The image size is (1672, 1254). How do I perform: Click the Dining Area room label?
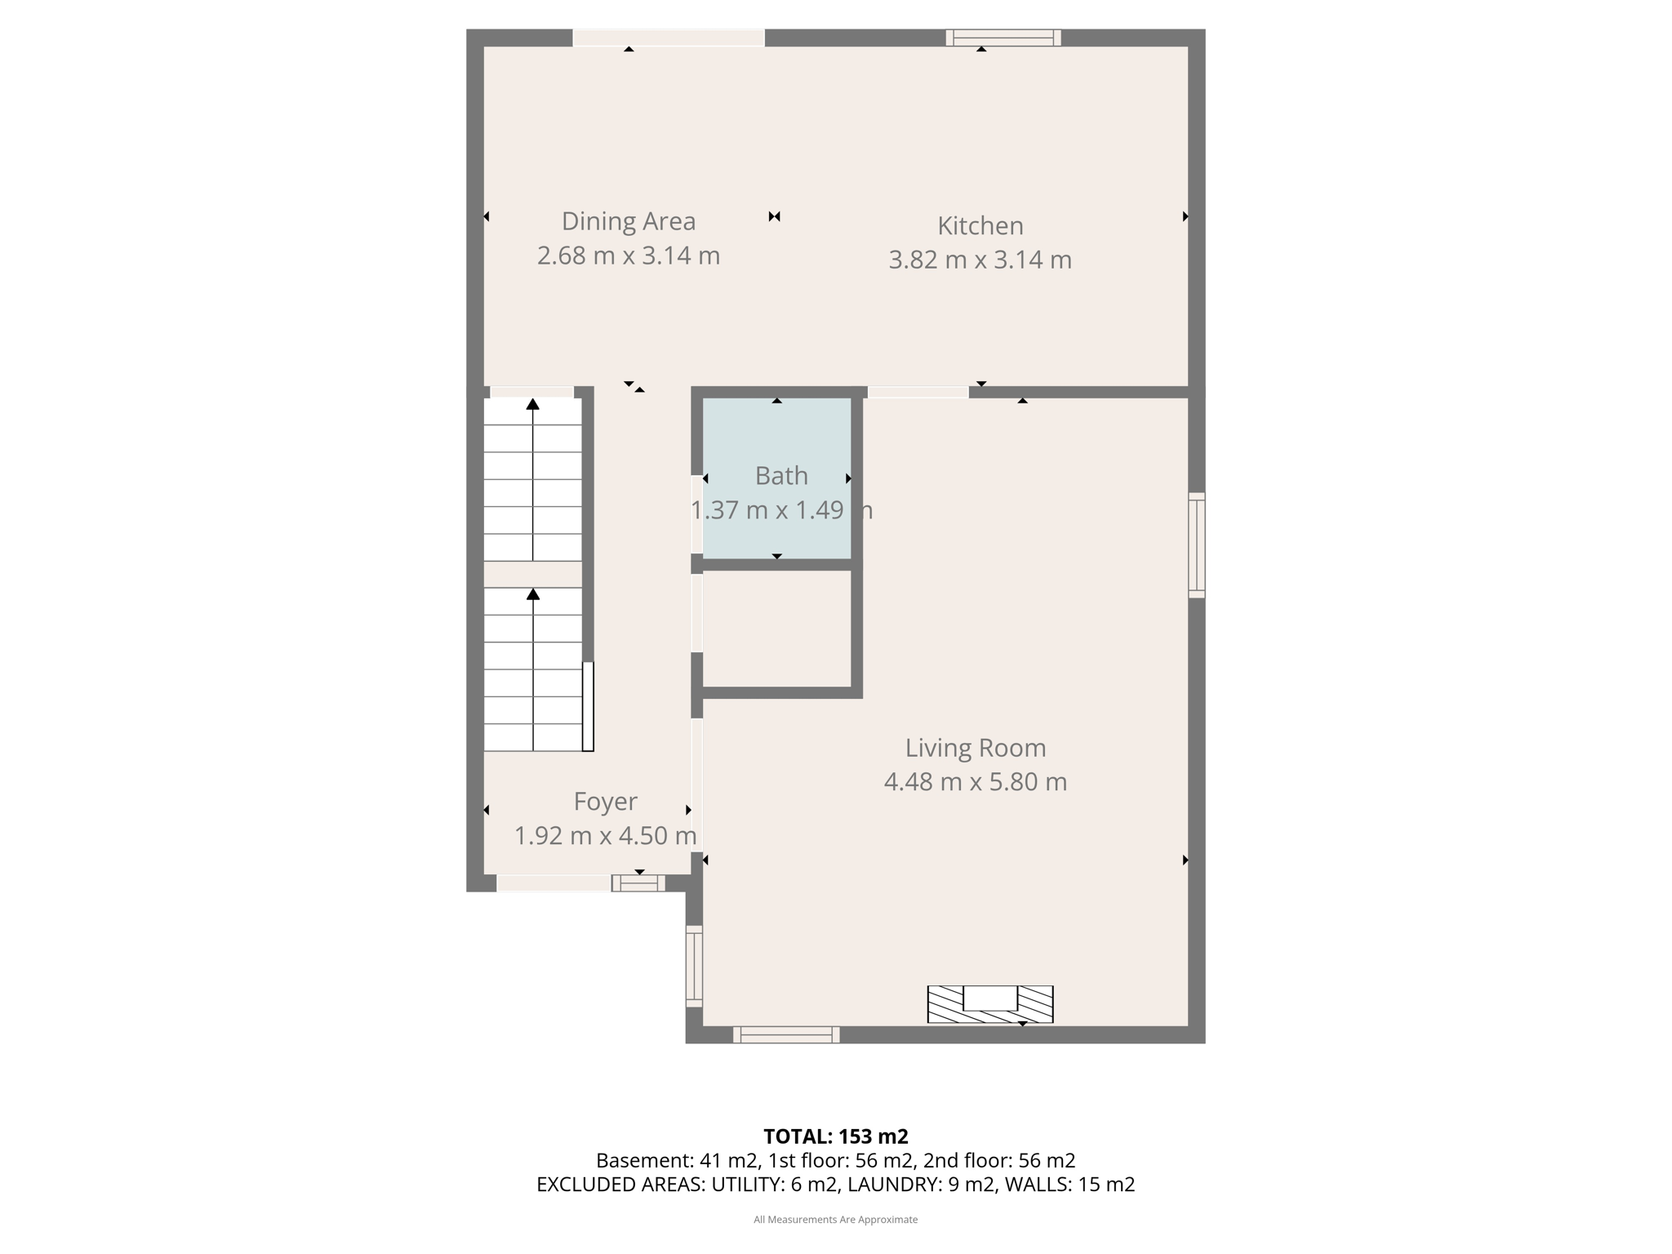(628, 221)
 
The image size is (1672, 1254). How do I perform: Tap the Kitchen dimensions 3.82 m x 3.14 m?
(980, 260)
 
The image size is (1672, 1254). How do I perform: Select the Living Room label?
(975, 748)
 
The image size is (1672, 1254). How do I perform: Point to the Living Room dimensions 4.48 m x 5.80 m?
(975, 782)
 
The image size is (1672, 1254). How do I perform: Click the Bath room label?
(781, 475)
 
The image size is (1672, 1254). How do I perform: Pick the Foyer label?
(605, 802)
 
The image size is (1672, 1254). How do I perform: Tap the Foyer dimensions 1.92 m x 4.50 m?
(605, 836)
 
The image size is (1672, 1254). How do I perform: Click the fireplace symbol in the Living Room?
(990, 1004)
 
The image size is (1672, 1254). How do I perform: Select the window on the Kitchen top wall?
(1003, 38)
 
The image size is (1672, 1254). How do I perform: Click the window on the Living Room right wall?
(1196, 545)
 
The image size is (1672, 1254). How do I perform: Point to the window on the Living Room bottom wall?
(786, 1034)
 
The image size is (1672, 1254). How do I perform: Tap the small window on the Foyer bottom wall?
(638, 883)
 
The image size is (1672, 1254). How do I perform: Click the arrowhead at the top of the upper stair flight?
(533, 403)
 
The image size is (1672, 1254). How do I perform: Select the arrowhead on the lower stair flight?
(533, 594)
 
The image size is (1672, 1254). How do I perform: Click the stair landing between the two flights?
(533, 574)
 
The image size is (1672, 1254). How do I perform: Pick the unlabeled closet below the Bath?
(777, 629)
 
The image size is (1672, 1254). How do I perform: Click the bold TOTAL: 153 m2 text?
(836, 1136)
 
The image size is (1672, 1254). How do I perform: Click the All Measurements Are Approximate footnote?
(836, 1220)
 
